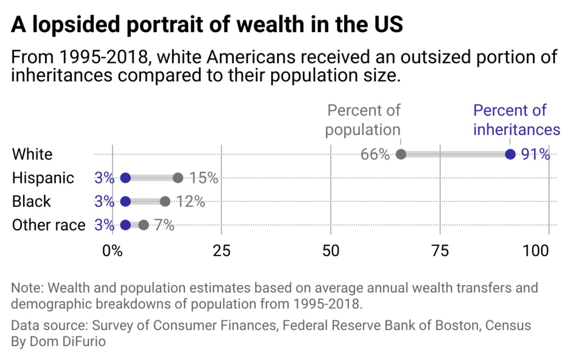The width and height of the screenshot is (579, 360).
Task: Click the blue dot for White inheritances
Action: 510,154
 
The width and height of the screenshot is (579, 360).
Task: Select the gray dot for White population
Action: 401,154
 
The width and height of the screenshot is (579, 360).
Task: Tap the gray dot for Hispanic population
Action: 178,178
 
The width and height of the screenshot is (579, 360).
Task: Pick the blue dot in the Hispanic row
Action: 125,178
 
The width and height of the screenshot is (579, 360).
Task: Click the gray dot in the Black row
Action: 165,201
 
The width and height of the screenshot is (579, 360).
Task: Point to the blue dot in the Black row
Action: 125,201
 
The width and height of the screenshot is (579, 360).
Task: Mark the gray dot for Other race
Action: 144,225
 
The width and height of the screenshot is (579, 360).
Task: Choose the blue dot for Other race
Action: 125,225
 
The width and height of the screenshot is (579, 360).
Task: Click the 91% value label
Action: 536,154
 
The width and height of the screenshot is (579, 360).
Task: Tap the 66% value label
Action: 375,154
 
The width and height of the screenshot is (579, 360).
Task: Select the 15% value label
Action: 204,178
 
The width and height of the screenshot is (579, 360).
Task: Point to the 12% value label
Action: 191,201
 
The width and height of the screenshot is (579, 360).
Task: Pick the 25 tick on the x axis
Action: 222,251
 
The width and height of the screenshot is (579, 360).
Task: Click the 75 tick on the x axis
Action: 440,251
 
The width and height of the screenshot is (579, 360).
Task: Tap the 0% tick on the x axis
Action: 112,251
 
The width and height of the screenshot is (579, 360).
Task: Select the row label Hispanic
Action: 43,178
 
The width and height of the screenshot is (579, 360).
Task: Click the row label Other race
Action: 49,225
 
